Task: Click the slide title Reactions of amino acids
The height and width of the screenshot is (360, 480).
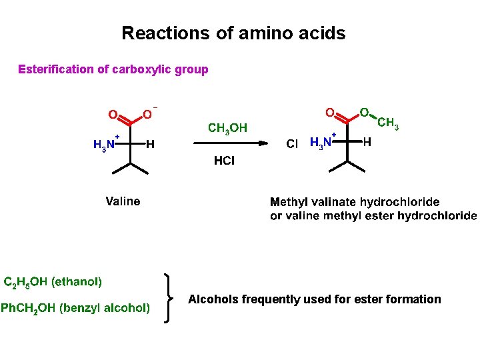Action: click(233, 33)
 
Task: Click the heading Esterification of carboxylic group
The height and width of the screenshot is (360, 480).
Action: click(113, 69)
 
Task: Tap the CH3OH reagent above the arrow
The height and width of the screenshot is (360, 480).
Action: click(227, 128)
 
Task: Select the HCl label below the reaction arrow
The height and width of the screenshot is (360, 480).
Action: click(224, 161)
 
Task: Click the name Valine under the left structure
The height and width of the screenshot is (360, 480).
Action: click(123, 201)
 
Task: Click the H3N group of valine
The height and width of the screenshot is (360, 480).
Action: click(105, 145)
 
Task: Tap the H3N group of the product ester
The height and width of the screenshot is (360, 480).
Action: click(322, 143)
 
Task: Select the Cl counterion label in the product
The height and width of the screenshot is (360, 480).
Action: click(292, 144)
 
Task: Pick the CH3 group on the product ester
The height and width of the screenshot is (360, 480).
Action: click(388, 123)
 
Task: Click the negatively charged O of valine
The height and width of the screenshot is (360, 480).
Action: click(148, 115)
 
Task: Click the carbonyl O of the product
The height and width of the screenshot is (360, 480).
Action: click(329, 113)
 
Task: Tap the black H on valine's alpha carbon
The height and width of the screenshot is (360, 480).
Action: click(151, 144)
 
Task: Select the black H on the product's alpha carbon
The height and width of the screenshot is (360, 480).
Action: click(367, 142)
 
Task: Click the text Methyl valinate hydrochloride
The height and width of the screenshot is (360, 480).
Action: click(354, 202)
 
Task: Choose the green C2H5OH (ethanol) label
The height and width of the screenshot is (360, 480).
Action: click(53, 282)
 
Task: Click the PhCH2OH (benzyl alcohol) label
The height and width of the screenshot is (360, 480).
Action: click(75, 308)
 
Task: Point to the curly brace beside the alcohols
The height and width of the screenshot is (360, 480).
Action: click(169, 298)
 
